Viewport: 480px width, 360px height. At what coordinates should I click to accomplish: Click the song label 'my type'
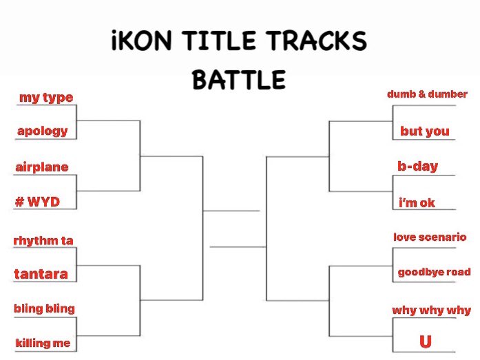pyautogui.click(x=46, y=98)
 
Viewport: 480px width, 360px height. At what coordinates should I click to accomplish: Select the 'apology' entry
pyautogui.click(x=43, y=131)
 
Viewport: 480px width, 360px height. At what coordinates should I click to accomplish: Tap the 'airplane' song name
pyautogui.click(x=42, y=167)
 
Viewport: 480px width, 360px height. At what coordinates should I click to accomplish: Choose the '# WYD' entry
pyautogui.click(x=37, y=202)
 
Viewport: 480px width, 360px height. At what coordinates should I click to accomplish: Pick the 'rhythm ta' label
pyautogui.click(x=43, y=241)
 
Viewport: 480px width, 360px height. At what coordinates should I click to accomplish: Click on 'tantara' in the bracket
pyautogui.click(x=41, y=274)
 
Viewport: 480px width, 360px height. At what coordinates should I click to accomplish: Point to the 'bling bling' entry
pyautogui.click(x=44, y=308)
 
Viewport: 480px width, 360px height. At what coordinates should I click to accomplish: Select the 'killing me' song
pyautogui.click(x=43, y=343)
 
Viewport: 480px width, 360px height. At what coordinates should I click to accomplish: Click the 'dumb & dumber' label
pyautogui.click(x=427, y=94)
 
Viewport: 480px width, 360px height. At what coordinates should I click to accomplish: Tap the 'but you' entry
pyautogui.click(x=424, y=131)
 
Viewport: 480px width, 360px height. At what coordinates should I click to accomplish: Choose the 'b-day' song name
pyautogui.click(x=417, y=167)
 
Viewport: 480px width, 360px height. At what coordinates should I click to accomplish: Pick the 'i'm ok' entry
pyautogui.click(x=417, y=202)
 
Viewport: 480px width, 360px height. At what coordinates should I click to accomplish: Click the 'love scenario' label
pyautogui.click(x=430, y=237)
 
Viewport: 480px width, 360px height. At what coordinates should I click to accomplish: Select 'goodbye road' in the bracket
pyautogui.click(x=434, y=273)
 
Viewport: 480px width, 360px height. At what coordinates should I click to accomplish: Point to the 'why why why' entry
pyautogui.click(x=431, y=310)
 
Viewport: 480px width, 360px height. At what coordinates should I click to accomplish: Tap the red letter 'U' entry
pyautogui.click(x=425, y=342)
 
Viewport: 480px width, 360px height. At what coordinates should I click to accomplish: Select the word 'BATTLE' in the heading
pyautogui.click(x=239, y=81)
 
